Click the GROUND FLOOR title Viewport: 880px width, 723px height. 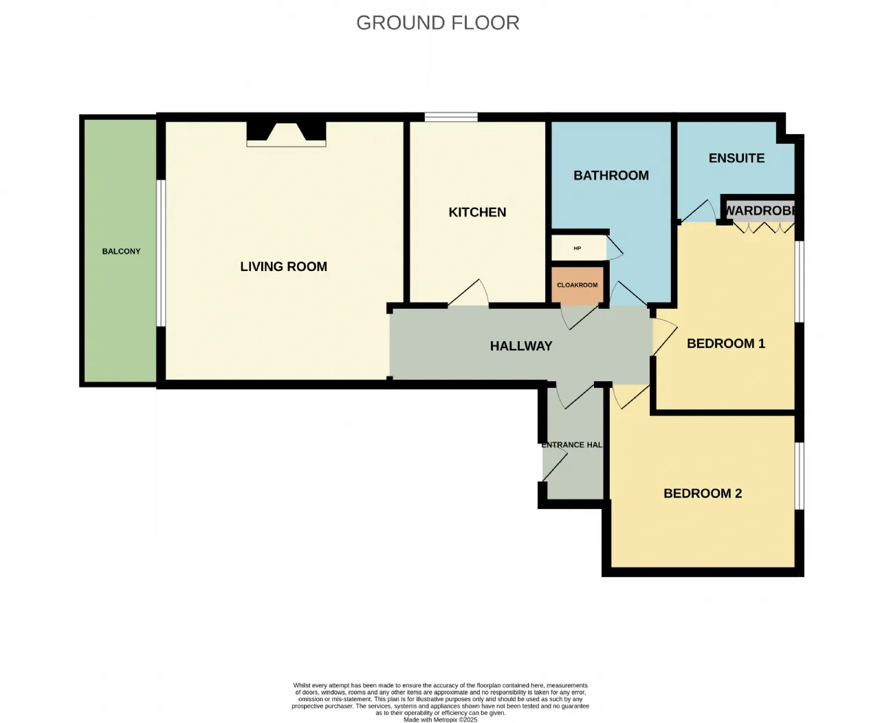(x=438, y=23)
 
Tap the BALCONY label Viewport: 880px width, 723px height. (x=121, y=251)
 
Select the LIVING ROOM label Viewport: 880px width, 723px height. (x=283, y=266)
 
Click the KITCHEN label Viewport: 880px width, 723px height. (x=477, y=212)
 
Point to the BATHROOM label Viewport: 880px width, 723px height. (x=611, y=175)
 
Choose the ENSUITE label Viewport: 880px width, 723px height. (x=736, y=158)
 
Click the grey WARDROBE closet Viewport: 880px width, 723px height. (x=760, y=211)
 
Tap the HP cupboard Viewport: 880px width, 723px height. (x=578, y=248)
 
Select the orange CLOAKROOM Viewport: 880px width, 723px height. (x=577, y=285)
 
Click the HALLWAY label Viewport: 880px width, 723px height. (x=521, y=345)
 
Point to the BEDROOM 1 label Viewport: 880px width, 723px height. (x=726, y=343)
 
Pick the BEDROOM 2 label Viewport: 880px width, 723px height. (x=703, y=493)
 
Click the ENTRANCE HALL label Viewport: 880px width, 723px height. (x=571, y=445)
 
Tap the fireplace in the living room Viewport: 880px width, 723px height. (x=286, y=134)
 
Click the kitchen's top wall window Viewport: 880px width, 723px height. (x=451, y=117)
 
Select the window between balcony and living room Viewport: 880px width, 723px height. (x=161, y=253)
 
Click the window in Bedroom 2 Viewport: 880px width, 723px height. (x=799, y=475)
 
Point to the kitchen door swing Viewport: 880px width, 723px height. (x=468, y=292)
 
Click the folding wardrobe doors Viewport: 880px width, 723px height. (x=764, y=228)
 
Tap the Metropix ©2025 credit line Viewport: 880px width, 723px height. (x=440, y=720)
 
